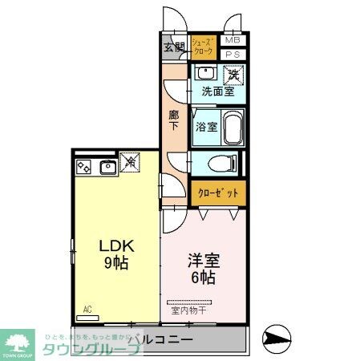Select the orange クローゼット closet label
pos(217,193)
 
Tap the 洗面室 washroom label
pos(217,91)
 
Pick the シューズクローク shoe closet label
pos(204,46)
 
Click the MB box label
pos(233,40)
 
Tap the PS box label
pos(233,54)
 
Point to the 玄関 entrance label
pos(174,46)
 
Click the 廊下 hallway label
pos(173,120)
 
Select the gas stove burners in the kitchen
pos(84,167)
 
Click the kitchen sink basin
pos(106,167)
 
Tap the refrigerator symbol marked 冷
pos(130,163)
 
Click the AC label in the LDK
pos(87,308)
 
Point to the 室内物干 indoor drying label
pos(191,310)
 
